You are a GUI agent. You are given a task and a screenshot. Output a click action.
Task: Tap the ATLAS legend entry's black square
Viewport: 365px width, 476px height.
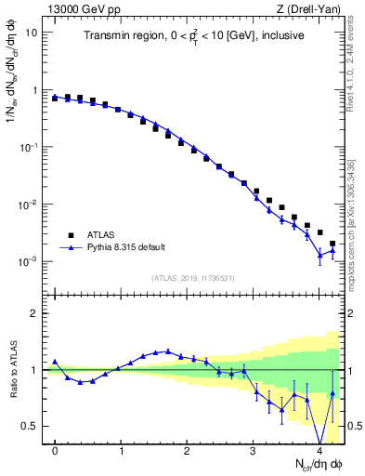pos(70,234)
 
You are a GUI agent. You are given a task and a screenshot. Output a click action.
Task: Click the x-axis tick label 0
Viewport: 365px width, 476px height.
pos(56,451)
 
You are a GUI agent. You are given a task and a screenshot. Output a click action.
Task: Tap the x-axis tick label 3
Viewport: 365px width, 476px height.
pos(254,451)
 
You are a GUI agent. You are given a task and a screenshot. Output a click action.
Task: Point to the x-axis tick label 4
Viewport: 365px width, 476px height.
pos(319,451)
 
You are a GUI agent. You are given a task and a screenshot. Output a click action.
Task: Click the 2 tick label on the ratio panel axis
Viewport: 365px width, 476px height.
pos(36,313)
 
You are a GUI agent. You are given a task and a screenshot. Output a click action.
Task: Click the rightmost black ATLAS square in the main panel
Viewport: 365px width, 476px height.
pos(332,244)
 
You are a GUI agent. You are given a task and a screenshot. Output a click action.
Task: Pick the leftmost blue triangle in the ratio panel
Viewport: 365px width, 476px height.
pos(55,362)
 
